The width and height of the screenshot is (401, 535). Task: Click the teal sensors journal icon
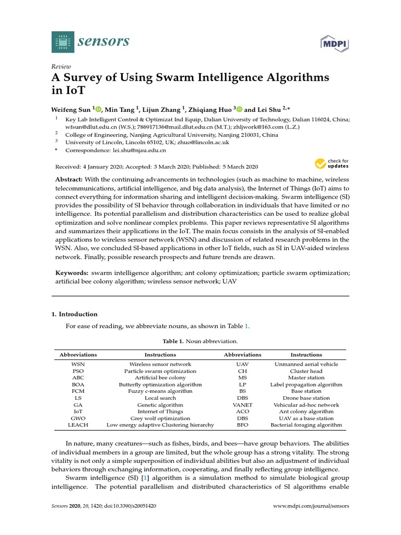[63, 42]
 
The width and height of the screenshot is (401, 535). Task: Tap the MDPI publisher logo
[334, 44]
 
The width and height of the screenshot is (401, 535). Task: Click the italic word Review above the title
[61, 66]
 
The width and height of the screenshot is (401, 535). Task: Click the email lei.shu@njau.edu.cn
[139, 150]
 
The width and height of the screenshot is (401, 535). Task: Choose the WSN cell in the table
[78, 364]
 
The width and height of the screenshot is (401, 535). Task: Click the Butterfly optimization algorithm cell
[160, 385]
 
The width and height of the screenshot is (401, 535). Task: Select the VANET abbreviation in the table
[242, 405]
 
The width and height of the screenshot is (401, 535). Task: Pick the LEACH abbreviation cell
[78, 425]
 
